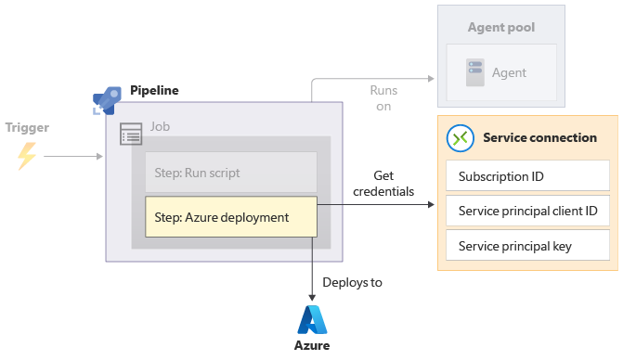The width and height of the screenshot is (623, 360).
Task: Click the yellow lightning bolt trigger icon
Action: pos(27,155)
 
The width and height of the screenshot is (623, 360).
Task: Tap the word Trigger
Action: pos(27,127)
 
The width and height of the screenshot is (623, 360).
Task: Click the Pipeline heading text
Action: pos(154,90)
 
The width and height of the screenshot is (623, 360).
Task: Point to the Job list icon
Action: pos(131,136)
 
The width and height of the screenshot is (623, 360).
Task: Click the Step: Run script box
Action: pos(230,173)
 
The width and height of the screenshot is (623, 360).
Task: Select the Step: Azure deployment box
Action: pos(230,217)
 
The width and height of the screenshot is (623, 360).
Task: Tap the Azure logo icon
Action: pos(312,319)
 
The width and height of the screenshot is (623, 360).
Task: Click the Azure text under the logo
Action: pos(312,346)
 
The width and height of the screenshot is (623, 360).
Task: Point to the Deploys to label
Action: pos(352,282)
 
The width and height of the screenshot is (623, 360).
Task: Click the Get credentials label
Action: pos(383,184)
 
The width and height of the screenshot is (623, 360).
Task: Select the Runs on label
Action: pos(383,98)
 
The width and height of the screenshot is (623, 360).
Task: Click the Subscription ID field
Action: pos(527,176)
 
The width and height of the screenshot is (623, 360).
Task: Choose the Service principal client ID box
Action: pos(527,211)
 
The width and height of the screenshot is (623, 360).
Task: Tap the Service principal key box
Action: pos(527,246)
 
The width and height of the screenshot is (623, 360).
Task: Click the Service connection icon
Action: pos(461,138)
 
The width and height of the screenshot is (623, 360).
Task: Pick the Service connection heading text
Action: pos(539,138)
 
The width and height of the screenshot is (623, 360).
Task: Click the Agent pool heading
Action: pos(501,27)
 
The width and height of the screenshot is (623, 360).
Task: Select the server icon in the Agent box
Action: pos(475,71)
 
